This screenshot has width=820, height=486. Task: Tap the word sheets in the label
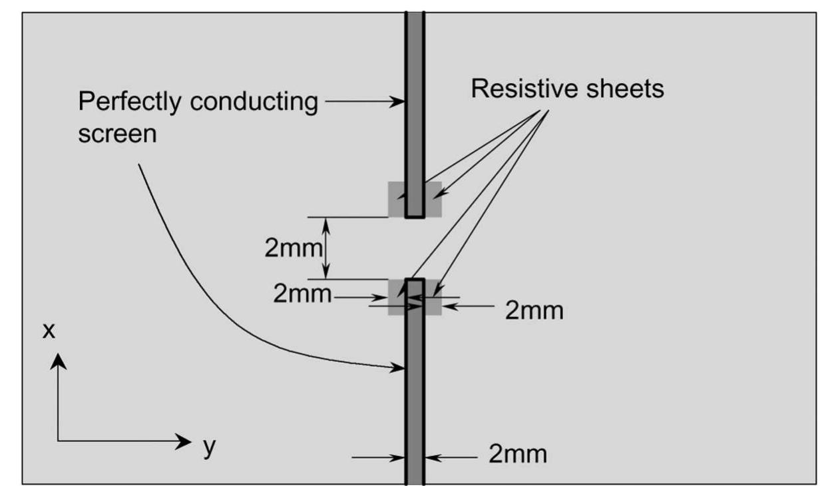(x=625, y=89)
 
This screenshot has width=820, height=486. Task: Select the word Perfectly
(x=130, y=102)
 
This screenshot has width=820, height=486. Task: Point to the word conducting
(x=254, y=102)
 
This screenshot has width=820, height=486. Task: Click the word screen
(x=118, y=134)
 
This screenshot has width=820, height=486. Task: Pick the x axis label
(x=49, y=331)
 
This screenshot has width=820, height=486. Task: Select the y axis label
(x=210, y=447)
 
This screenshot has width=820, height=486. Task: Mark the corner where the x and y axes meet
(x=58, y=441)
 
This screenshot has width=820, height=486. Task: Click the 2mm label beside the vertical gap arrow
(x=294, y=248)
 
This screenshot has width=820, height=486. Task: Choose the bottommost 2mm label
(x=518, y=454)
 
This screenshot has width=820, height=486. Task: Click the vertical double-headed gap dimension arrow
(x=326, y=248)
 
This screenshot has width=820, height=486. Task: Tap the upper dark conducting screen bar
(x=415, y=115)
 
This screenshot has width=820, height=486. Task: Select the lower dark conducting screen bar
(x=415, y=381)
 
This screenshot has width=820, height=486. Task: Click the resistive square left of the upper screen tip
(x=397, y=199)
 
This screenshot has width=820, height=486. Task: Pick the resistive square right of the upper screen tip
(x=433, y=199)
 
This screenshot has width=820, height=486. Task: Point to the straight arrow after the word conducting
(x=365, y=101)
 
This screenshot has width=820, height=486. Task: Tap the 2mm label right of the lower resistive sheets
(x=534, y=310)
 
